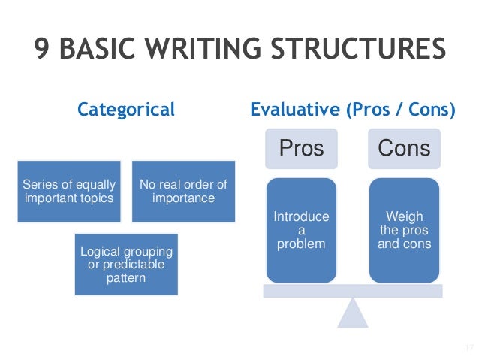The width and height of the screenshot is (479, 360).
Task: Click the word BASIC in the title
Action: coord(108,50)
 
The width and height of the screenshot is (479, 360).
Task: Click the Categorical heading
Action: coord(126,110)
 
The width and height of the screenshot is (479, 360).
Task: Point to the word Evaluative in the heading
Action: coord(294,110)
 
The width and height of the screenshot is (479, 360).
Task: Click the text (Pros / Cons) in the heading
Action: coord(400,110)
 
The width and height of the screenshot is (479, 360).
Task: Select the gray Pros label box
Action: coord(301,147)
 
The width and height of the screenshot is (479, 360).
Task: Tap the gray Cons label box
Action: coord(404,147)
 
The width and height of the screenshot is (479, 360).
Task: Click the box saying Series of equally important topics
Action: coord(69,191)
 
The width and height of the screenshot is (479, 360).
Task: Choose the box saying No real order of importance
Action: coord(183,191)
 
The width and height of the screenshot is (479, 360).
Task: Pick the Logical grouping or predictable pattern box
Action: coord(126,264)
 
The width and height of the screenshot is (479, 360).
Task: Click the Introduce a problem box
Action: coord(301,230)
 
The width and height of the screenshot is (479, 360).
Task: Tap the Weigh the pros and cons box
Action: coord(404,230)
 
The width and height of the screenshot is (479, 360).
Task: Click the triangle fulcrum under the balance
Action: coord(352,313)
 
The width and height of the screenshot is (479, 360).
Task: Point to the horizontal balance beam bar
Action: coord(352,291)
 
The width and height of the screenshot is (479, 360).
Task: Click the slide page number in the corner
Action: coord(468,347)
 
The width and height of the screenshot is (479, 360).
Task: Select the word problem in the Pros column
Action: coord(301,244)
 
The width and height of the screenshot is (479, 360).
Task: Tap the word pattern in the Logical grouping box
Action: coord(126,278)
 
